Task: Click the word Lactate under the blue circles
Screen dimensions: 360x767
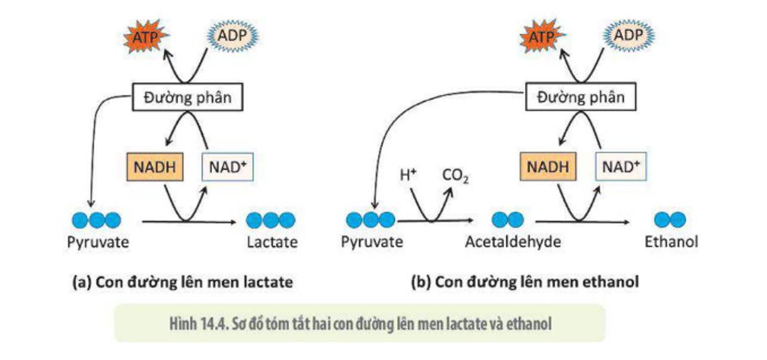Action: pyautogui.click(x=272, y=242)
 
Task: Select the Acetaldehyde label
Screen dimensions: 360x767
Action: pyautogui.click(x=513, y=242)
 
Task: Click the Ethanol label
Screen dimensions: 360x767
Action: pyautogui.click(x=671, y=242)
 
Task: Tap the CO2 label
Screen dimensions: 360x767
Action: pyautogui.click(x=455, y=176)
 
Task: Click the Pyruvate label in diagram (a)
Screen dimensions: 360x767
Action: pyautogui.click(x=99, y=242)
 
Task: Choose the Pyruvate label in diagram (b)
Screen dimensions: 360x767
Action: pyautogui.click(x=372, y=242)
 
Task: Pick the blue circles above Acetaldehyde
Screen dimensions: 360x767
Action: pyautogui.click(x=507, y=220)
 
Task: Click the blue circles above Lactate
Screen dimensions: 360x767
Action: pyautogui.click(x=271, y=220)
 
